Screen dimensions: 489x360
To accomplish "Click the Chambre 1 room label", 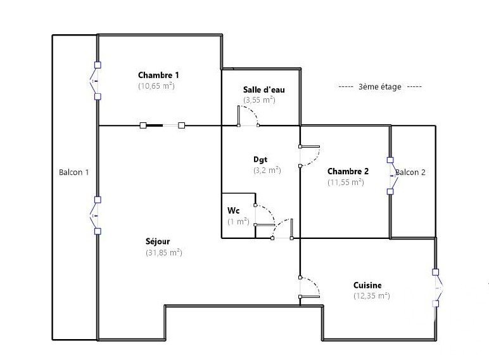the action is [158, 75].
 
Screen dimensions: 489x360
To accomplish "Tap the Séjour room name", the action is [158, 241].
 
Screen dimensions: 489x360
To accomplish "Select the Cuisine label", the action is [367, 285].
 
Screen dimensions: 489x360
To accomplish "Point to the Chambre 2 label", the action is [348, 171].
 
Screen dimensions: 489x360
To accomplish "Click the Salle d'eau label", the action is [264, 90].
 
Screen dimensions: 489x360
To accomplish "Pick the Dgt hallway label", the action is [260, 160].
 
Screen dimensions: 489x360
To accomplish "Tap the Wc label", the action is [233, 210].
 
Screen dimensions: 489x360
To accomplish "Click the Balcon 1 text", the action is [74, 172].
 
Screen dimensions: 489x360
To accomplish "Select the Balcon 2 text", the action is [410, 172].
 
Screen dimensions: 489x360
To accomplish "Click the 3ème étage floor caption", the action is [380, 87].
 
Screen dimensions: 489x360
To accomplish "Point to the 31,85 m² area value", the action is [163, 252].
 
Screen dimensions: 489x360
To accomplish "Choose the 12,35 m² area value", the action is [371, 296].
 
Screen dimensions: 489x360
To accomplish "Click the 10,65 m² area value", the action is [156, 86].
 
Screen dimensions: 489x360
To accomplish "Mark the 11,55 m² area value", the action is [346, 182].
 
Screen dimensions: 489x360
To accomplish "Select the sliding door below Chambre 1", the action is [162, 125].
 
